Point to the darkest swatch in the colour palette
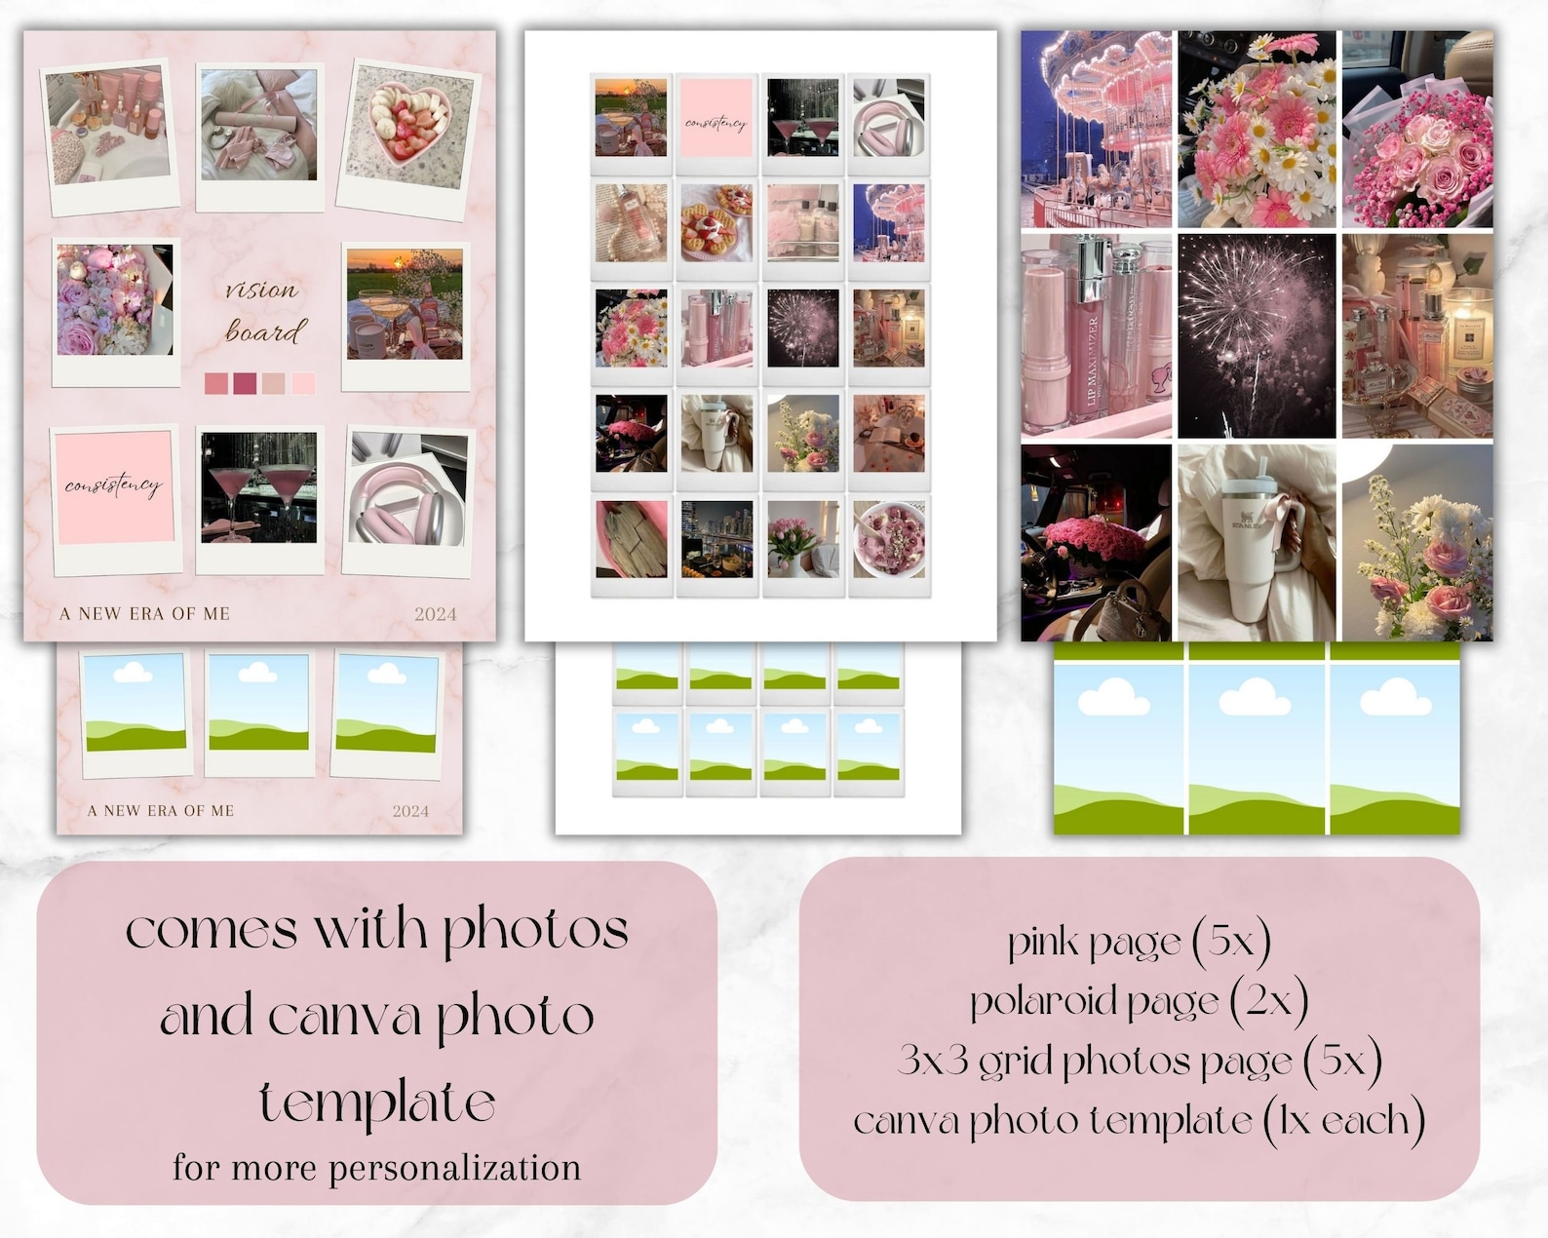pyautogui.click(x=245, y=383)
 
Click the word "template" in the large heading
pyautogui.click(x=377, y=1103)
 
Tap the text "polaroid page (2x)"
pyautogui.click(x=1139, y=1001)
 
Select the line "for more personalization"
pyautogui.click(x=376, y=1167)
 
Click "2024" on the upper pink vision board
pyautogui.click(x=435, y=614)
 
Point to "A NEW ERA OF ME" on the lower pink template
pyautogui.click(x=161, y=810)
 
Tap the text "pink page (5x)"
pyautogui.click(x=1139, y=942)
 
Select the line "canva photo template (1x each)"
pyautogui.click(x=1139, y=1121)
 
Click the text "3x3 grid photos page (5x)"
pyautogui.click(x=1139, y=1061)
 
